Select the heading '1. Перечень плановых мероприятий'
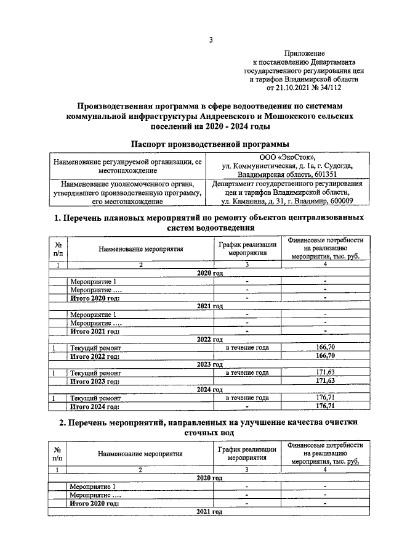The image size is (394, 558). pos(209,218)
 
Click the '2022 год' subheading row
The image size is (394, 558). pos(209,340)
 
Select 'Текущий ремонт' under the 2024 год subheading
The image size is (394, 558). pos(95,398)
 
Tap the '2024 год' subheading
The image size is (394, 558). pos(209,390)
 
